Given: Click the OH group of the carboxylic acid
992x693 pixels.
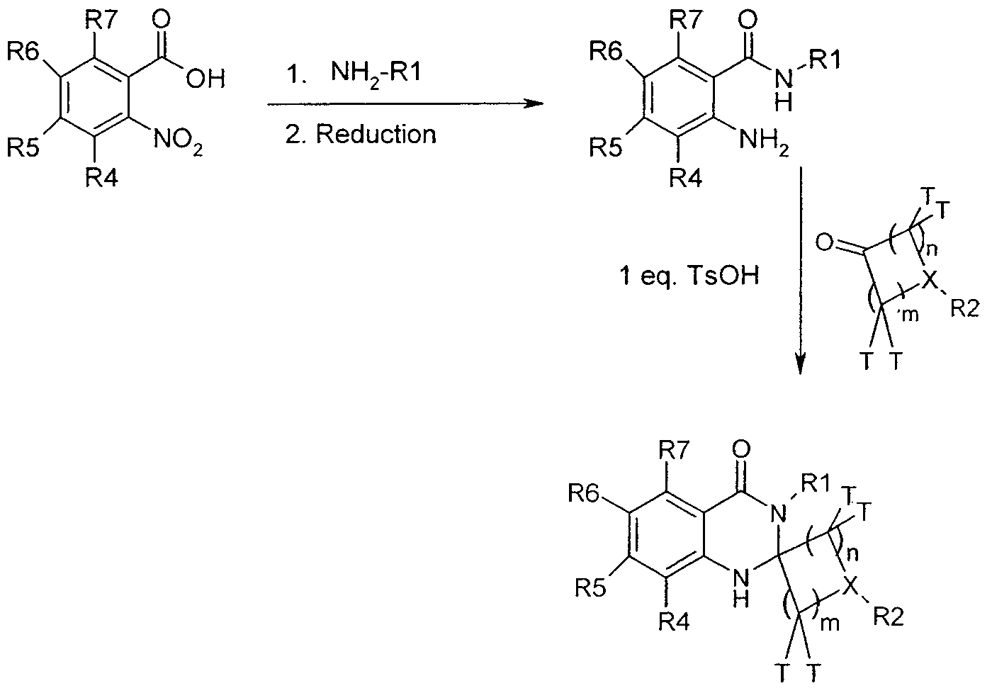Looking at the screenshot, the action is pos(205,79).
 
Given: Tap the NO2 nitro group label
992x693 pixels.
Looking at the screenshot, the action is pos(179,140).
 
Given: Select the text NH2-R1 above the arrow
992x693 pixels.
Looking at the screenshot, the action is pos(376,72).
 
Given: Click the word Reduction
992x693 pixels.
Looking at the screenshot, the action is pos(376,134).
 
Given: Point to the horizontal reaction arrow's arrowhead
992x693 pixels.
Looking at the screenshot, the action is pos(533,104).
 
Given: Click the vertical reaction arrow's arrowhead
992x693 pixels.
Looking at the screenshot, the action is pos(800,364).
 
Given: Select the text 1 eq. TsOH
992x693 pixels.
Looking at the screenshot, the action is pos(690,276).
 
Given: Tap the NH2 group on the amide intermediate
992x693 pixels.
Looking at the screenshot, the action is pos(764,142).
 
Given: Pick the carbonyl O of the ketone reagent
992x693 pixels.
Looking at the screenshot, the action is pos(825,243).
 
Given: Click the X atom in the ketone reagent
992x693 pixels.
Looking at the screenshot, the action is pos(930,280).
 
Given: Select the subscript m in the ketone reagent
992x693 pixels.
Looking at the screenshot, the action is pos(908,315).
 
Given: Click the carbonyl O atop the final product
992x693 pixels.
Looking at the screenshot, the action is pos(741,450).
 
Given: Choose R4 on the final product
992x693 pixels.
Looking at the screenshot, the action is pos(674,623).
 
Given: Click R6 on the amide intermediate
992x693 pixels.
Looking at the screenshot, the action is pos(605,52).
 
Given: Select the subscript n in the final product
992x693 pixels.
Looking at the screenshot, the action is pos(852,554).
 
